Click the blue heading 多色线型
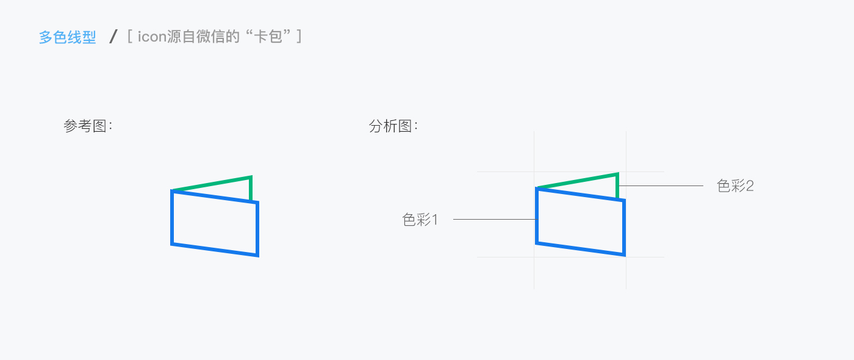(68, 37)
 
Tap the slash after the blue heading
(113, 37)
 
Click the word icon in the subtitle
(152, 37)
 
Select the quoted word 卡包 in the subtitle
(272, 37)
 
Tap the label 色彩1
(420, 220)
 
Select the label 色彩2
(735, 186)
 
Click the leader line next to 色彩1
(494, 219)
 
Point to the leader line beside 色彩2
(662, 185)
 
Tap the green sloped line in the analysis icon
(577, 181)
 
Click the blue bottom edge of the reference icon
(215, 250)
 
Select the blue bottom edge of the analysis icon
(580, 248)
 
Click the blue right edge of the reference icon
(257, 229)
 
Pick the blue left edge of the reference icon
(172, 218)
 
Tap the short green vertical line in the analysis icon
(617, 187)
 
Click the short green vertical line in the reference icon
(251, 189)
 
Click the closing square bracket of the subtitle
(299, 37)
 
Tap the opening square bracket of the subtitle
(131, 37)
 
